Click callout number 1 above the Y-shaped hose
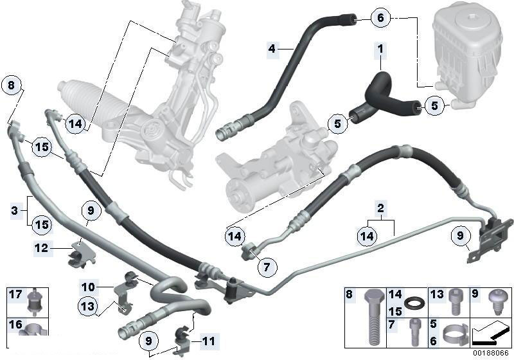[380, 48]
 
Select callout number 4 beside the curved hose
[272, 48]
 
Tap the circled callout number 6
[380, 18]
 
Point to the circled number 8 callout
[11, 84]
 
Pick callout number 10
[88, 285]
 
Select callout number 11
[209, 340]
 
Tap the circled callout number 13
[88, 307]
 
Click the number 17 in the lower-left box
[15, 296]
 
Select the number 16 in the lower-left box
[15, 325]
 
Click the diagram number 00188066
[492, 352]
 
